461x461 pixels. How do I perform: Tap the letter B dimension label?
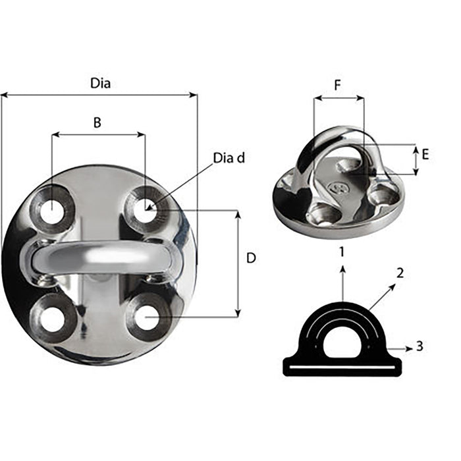pos(97,122)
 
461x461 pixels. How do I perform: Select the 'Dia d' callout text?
pos(229,158)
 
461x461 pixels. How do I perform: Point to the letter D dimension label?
pos(250,259)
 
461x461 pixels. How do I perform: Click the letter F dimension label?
pos(338,85)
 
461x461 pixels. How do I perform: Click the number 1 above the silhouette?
pos(341,251)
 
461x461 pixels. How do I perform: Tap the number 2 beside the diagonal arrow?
pos(401,271)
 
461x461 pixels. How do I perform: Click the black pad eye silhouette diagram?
pos(341,342)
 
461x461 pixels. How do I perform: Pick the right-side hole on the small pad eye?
pos(382,195)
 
